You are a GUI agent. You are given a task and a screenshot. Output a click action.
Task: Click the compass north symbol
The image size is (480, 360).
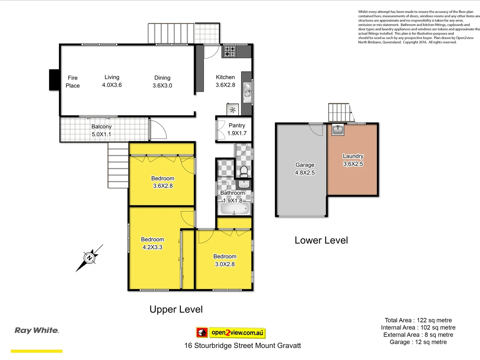coord(89,258)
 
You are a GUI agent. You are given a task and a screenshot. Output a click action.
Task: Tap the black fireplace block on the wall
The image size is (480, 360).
coord(54,80)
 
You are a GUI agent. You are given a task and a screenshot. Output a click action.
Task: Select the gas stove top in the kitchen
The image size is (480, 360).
coord(230,51)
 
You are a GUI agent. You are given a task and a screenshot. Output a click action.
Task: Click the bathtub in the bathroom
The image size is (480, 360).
coord(235,209)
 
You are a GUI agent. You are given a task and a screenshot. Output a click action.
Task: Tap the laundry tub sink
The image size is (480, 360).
coord(338,130)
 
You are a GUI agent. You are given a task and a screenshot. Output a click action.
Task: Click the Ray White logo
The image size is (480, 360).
coord(37,330)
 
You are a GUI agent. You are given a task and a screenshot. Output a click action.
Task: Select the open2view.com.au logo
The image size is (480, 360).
coord(231,332)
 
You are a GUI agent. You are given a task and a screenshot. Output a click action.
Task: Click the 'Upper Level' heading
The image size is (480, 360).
coord(176,309)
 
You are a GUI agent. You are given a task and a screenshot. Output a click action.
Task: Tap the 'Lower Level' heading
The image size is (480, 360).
coord(321,240)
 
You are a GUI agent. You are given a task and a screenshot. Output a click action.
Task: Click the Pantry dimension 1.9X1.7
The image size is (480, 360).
coord(237,133)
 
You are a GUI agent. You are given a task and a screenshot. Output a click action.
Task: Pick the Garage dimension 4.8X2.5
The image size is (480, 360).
coord(305,173)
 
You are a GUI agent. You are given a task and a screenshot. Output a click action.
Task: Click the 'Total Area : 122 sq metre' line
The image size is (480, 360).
coord(418,320)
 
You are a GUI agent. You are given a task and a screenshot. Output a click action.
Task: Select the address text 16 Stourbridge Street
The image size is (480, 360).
coord(242,346)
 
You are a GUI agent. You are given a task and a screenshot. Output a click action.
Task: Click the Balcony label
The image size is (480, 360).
coord(101,127)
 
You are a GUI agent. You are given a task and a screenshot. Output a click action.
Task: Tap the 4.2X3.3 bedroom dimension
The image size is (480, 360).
coord(152,247)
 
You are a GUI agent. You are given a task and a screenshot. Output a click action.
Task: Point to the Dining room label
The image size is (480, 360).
coord(162,78)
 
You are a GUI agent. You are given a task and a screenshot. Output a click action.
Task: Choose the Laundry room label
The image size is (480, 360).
coord(353,156)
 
